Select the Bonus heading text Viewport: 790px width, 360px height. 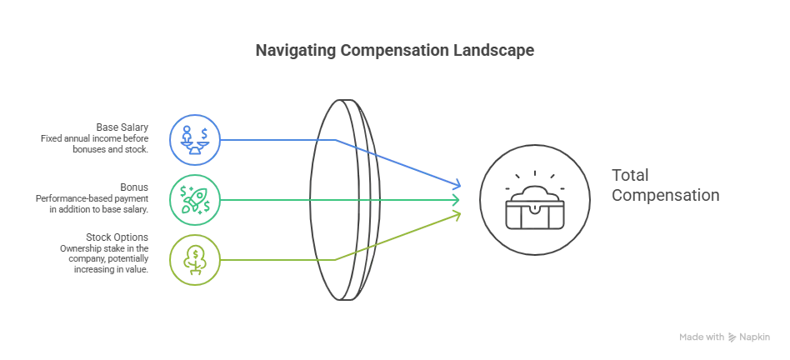click(x=134, y=187)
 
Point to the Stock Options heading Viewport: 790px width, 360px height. click(x=117, y=237)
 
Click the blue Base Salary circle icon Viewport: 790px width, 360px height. click(x=195, y=140)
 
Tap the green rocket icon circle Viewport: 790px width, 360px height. click(x=195, y=200)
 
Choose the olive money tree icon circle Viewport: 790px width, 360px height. click(x=195, y=260)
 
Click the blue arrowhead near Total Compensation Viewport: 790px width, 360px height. click(x=456, y=183)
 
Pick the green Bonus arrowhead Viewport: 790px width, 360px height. click(x=455, y=200)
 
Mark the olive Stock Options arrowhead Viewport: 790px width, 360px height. click(x=456, y=216)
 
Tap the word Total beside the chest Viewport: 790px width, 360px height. click(x=630, y=175)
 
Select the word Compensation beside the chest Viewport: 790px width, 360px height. click(x=666, y=195)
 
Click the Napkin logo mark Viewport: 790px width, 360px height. click(x=732, y=337)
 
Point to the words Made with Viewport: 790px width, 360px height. click(x=702, y=337)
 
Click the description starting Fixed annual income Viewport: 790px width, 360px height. click(x=95, y=144)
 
